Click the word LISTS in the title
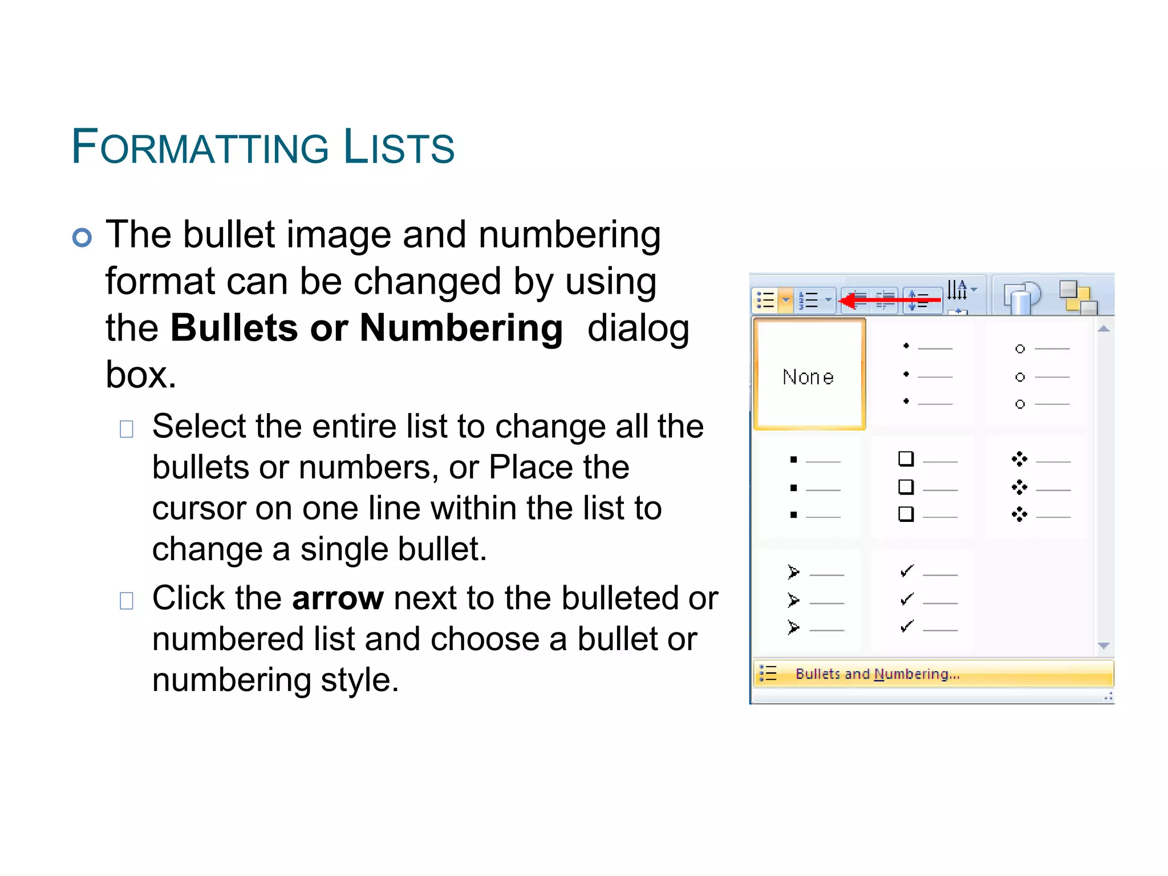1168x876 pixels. click(x=399, y=148)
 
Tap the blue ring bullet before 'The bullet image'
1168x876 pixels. click(x=82, y=237)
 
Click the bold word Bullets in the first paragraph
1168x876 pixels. click(x=234, y=328)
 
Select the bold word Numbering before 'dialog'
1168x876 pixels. click(x=461, y=328)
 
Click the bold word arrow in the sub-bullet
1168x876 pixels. click(x=338, y=598)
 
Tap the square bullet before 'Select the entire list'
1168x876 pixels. click(x=127, y=429)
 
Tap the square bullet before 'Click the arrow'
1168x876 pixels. click(x=127, y=601)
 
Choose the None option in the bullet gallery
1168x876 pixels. click(x=809, y=375)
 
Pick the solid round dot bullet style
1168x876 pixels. click(x=924, y=375)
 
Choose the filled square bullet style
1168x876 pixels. click(x=810, y=488)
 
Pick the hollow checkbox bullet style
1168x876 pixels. click(x=924, y=488)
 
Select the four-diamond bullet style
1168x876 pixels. click(x=1038, y=488)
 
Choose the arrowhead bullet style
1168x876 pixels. click(x=810, y=601)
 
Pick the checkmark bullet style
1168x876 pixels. click(x=924, y=601)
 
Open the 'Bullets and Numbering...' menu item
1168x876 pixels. click(x=877, y=674)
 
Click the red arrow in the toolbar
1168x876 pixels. click(x=890, y=299)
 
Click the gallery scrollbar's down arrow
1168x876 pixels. click(x=1104, y=646)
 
